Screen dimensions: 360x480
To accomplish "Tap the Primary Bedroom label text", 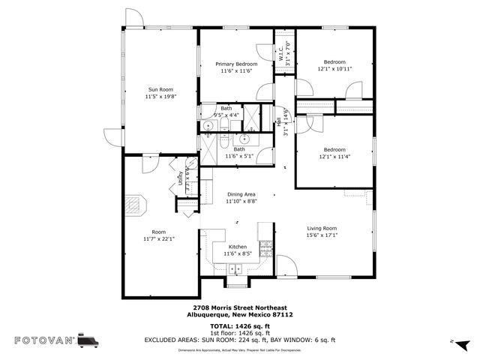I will [237, 64].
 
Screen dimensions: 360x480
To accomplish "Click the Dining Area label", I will [241, 194].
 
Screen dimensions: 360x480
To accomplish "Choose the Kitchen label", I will [238, 247].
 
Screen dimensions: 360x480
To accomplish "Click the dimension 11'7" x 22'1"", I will [158, 239].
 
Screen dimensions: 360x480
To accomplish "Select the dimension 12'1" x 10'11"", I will [334, 69].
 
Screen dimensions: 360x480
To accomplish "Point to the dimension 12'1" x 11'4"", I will [334, 156].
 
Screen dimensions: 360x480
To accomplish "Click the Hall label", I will [279, 121].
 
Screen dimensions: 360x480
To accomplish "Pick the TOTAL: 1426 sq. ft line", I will [240, 327].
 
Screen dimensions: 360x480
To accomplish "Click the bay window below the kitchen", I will [238, 283].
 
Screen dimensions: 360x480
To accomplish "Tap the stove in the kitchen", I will [265, 247].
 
